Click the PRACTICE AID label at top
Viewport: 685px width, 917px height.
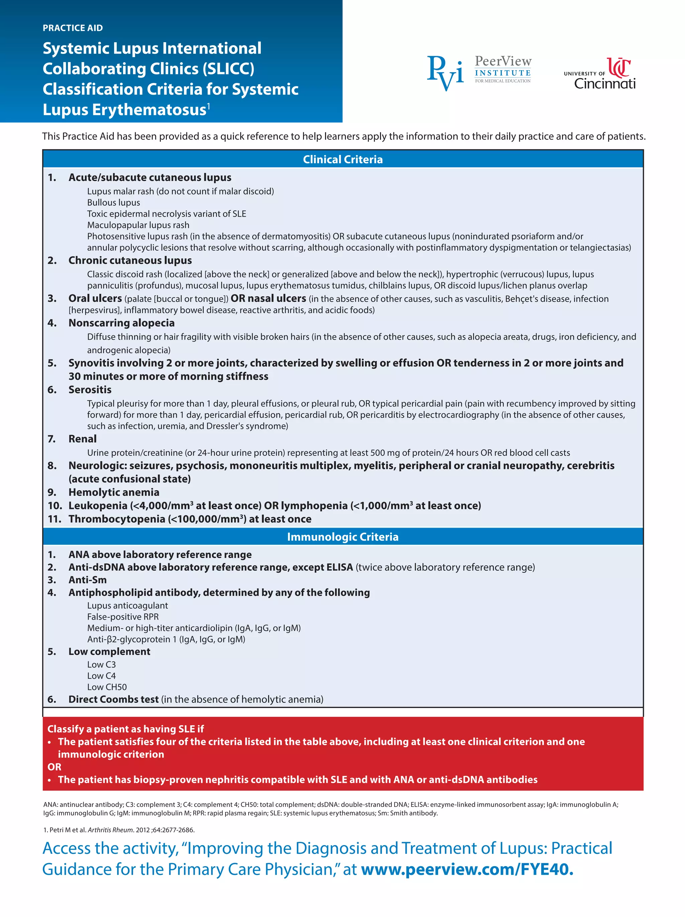pyautogui.click(x=73, y=28)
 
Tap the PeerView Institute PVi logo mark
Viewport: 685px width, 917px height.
pyautogui.click(x=445, y=73)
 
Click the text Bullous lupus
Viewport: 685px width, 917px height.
pyautogui.click(x=113, y=202)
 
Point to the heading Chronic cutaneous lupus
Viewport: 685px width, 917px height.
pyautogui.click(x=130, y=260)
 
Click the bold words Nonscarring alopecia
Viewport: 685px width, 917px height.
pyautogui.click(x=121, y=323)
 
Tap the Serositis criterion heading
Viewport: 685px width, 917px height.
pyautogui.click(x=90, y=390)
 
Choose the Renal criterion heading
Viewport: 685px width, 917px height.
pyautogui.click(x=83, y=439)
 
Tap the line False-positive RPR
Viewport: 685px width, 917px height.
pyautogui.click(x=123, y=617)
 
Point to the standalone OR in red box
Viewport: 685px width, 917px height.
pyautogui.click(x=54, y=766)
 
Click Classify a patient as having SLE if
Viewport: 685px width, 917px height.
pyautogui.click(x=125, y=729)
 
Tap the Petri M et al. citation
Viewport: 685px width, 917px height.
pyautogui.click(x=119, y=830)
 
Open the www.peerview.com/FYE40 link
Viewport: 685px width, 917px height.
pyautogui.click(x=467, y=869)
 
